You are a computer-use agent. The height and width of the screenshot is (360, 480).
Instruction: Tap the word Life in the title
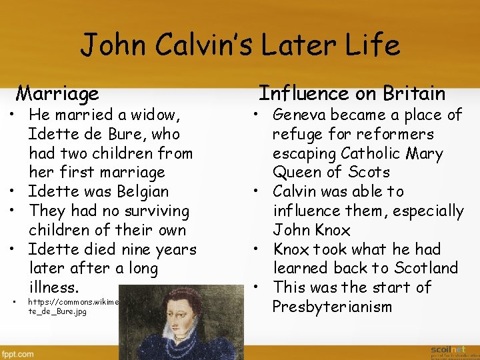(371, 45)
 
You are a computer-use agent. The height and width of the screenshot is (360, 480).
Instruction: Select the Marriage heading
(57, 93)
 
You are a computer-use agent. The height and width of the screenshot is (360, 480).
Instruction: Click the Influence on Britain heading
(351, 93)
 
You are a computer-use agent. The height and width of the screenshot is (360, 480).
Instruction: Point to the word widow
(155, 115)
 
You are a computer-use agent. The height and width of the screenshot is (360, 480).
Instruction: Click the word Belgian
(136, 191)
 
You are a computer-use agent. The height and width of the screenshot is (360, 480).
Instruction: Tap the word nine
(131, 249)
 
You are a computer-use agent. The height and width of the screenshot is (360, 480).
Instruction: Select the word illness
(54, 288)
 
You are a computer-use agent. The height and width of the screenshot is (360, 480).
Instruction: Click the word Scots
(366, 172)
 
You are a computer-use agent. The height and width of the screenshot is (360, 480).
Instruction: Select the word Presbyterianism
(332, 307)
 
